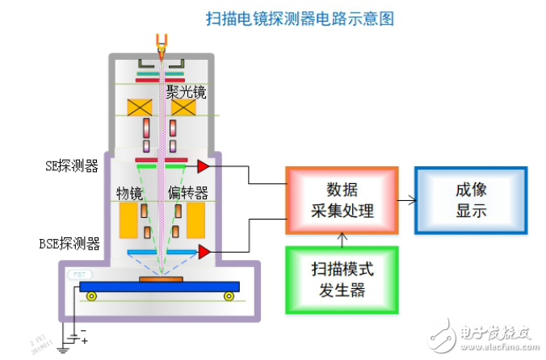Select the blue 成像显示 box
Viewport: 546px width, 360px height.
click(x=471, y=201)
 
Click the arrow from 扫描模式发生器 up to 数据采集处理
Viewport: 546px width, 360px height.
click(x=343, y=240)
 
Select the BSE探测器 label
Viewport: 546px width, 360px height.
click(x=69, y=242)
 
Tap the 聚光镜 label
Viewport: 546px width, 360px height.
click(x=187, y=92)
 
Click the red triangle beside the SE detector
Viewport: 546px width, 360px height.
click(x=203, y=166)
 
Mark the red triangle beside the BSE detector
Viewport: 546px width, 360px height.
click(x=204, y=253)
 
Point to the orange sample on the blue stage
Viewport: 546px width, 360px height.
click(x=160, y=279)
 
